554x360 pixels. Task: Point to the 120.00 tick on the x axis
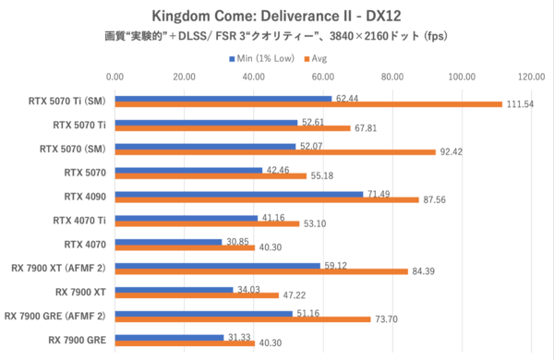(531, 77)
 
